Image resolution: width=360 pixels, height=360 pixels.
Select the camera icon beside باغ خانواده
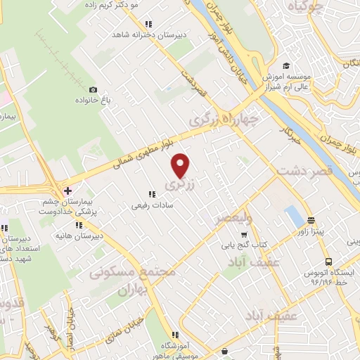pos(93,89)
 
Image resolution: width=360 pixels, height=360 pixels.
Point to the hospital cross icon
pos(67,191)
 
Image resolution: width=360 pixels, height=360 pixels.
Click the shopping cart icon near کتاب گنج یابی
pos(244,236)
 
